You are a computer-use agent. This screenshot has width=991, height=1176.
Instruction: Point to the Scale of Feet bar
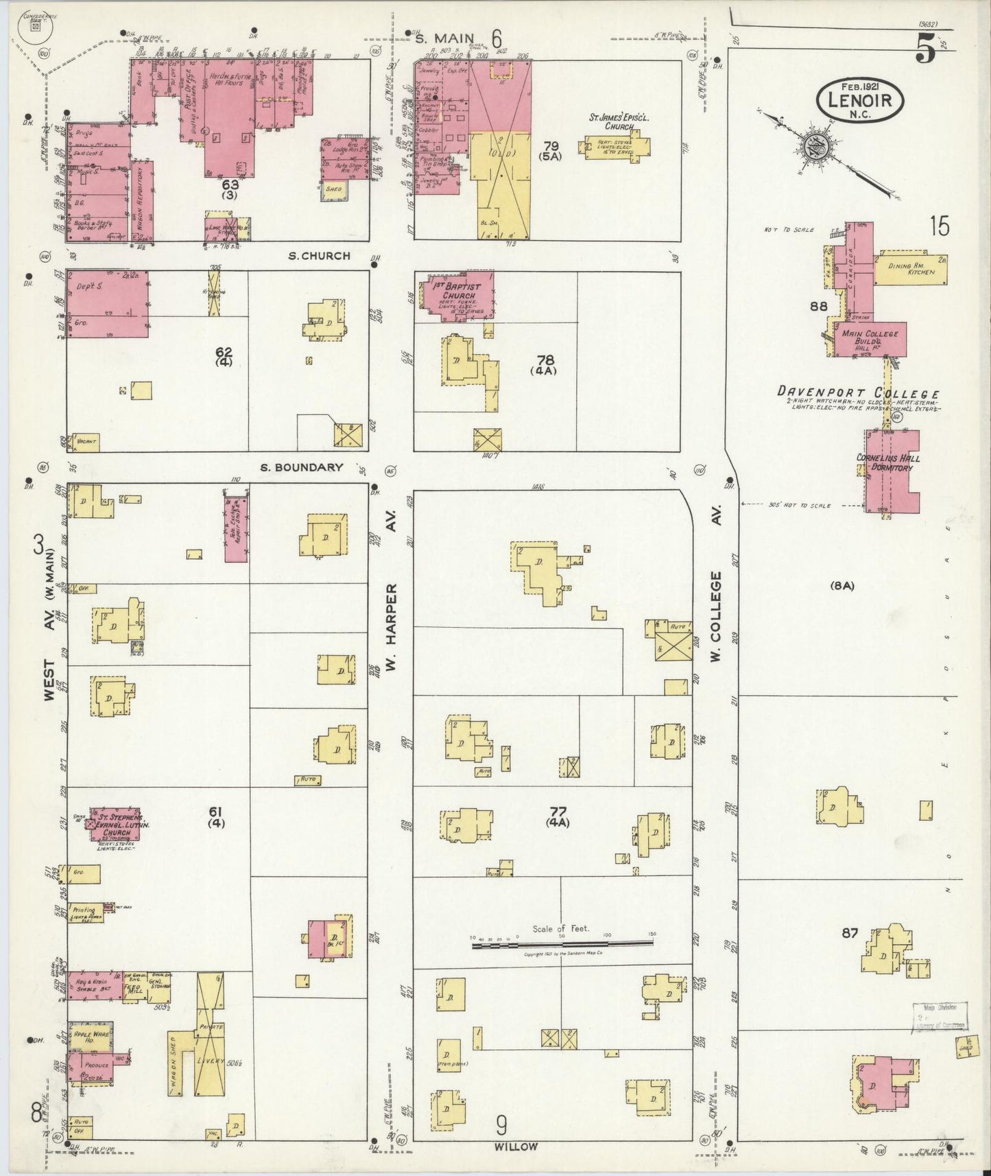pyautogui.click(x=562, y=945)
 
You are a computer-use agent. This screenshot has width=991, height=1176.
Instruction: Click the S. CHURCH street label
pyautogui.click(x=319, y=256)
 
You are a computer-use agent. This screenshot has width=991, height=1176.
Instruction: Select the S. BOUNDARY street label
pyautogui.click(x=302, y=468)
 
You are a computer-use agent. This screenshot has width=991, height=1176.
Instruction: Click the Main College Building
pyautogui.click(x=869, y=339)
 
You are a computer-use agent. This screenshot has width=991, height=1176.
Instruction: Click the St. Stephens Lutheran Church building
pyautogui.click(x=117, y=825)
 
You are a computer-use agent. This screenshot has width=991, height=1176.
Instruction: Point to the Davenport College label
pyautogui.click(x=858, y=393)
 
